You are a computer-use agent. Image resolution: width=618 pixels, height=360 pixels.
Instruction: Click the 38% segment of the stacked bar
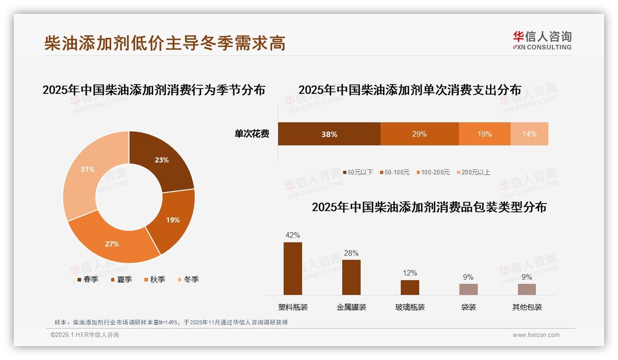pos(329,134)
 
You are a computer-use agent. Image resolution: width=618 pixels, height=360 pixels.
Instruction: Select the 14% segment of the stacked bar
pos(529,134)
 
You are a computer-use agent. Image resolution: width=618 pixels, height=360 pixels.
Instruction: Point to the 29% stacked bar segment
pos(419,134)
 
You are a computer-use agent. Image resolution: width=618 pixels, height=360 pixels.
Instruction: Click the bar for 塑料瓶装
pos(293,269)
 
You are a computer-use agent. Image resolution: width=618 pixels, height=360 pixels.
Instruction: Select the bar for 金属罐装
pos(351,277)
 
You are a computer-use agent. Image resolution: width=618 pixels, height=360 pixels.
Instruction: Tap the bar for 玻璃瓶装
pos(410,288)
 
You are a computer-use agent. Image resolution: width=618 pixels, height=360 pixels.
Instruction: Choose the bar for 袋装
pos(468,289)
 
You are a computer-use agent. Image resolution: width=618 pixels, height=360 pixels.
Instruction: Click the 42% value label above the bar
pos(293,235)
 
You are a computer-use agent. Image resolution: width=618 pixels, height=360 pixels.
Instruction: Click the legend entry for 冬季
pos(188,279)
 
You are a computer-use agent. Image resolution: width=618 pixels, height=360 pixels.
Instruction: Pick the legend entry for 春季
pos(88,279)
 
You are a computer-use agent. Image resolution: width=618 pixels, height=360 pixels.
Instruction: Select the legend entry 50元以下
pos(358,172)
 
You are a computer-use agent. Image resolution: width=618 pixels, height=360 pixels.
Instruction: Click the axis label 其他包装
pos(527,307)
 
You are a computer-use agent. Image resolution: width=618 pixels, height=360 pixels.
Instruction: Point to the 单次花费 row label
pos(252,134)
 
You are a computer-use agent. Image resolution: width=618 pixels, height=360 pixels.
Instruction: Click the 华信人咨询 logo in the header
pos(542,40)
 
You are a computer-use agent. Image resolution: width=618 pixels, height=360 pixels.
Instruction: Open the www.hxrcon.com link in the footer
pos(536,335)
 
